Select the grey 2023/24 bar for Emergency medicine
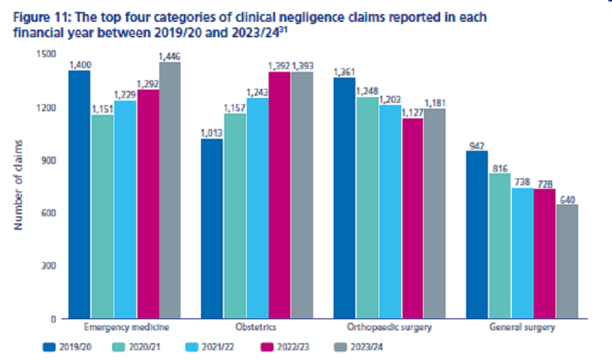pos(170,190)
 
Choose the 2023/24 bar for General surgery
pos(567,261)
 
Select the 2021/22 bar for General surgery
pos(522,253)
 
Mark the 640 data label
pos(567,198)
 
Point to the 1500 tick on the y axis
pos(44,55)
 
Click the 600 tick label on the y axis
pos(47,213)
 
